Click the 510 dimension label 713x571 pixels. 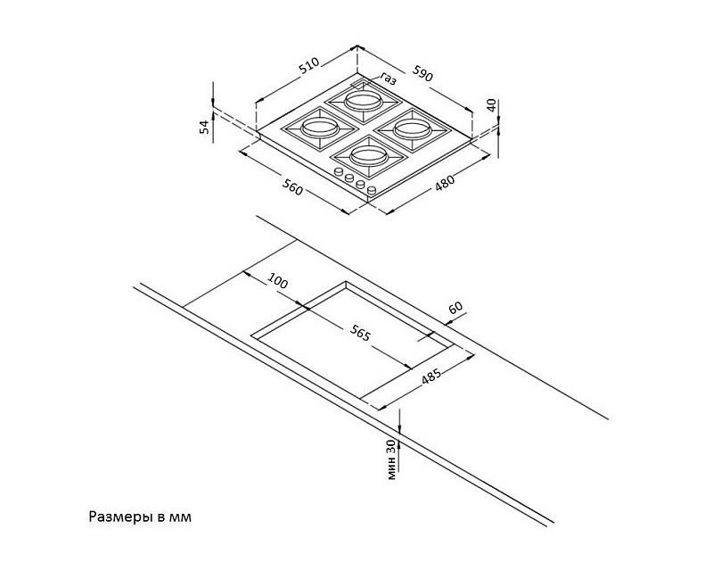(309, 65)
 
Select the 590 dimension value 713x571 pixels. (422, 73)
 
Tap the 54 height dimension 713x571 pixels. (206, 126)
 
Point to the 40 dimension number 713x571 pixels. (491, 105)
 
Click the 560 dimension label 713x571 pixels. (292, 187)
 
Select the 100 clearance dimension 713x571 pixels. (277, 280)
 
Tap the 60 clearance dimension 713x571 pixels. (455, 307)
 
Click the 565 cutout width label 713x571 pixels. (360, 333)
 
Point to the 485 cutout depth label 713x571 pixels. (430, 377)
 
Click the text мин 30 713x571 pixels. (392, 459)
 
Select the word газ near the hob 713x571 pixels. (389, 79)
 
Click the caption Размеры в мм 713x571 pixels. (140, 517)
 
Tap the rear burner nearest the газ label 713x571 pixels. (363, 101)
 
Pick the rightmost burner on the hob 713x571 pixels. (413, 129)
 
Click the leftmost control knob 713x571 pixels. (339, 172)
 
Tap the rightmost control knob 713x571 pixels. (372, 190)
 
